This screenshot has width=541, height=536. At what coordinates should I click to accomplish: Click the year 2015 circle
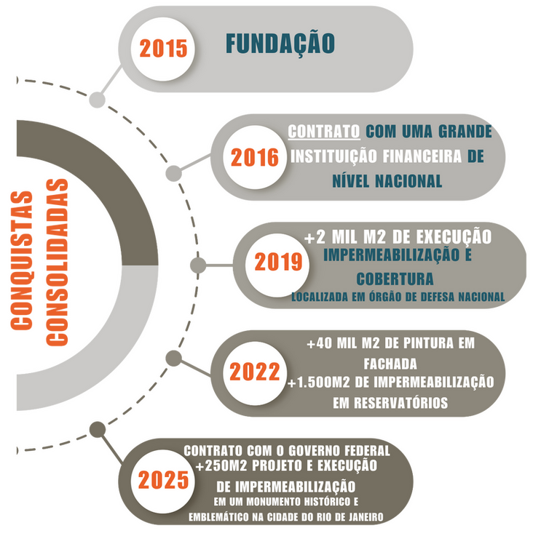click(163, 49)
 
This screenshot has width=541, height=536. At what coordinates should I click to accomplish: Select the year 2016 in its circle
click(255, 158)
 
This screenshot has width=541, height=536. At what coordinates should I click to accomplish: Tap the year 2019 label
click(278, 262)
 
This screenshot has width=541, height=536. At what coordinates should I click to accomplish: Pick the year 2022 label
click(255, 372)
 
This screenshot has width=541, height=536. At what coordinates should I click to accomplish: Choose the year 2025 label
click(163, 481)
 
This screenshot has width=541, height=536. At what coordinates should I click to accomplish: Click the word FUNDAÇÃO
click(280, 43)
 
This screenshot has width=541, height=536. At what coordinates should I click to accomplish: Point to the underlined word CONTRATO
click(324, 132)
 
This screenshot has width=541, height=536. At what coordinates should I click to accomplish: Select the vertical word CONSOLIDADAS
click(57, 263)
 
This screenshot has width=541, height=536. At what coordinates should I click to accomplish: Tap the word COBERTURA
click(395, 279)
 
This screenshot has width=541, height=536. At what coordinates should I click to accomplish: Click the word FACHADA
click(390, 364)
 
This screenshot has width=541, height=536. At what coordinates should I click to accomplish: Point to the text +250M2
click(221, 466)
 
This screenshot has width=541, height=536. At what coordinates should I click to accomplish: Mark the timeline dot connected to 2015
click(97, 100)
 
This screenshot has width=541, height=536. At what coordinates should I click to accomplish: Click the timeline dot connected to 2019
click(198, 265)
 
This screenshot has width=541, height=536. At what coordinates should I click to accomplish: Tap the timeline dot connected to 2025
click(98, 430)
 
